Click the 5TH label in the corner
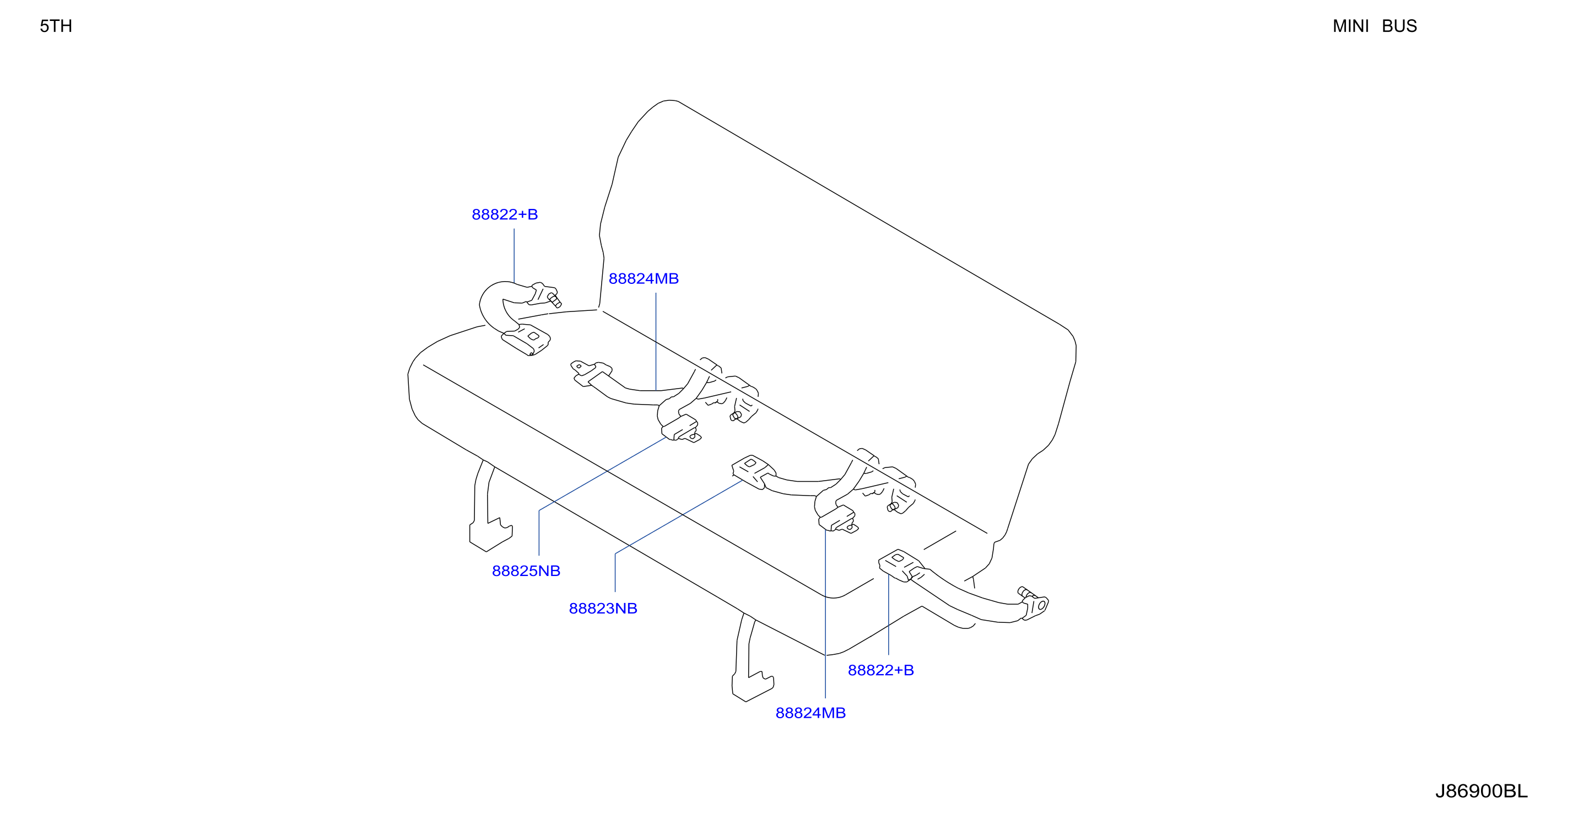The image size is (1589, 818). coord(56,26)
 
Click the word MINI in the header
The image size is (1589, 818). coord(1350,26)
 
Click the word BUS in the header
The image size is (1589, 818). coord(1399,26)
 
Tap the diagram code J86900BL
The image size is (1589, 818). coord(1481,791)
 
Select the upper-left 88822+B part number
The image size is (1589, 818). coord(505,214)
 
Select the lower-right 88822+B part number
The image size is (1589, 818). coord(881,670)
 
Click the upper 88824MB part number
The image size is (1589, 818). coord(644,278)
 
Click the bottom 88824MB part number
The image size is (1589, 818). coord(810,713)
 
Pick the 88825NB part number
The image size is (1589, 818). coord(526,571)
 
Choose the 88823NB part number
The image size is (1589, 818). coord(603,608)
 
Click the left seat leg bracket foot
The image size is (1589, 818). coord(491,534)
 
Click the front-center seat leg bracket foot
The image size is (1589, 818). coord(753,686)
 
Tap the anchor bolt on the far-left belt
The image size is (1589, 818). coord(554,300)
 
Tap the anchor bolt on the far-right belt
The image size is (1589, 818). coord(1025,594)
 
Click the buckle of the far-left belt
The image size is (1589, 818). coord(526,340)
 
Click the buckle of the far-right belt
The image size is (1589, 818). coord(899,564)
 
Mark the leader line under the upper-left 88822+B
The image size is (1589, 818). coord(515,256)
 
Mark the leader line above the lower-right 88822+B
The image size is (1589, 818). coord(888,614)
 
